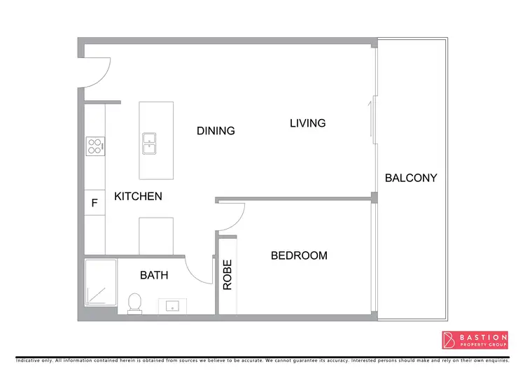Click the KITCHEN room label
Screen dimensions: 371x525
(138, 197)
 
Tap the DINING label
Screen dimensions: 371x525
(216, 131)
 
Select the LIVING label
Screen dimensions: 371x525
(308, 123)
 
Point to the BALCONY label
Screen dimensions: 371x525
(411, 178)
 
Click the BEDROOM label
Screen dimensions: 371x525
(299, 255)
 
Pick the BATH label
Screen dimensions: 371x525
(154, 275)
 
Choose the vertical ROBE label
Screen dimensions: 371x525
(227, 275)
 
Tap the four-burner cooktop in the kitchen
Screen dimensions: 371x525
(94, 146)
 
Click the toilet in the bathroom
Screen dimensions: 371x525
(135, 302)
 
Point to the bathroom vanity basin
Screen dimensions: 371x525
(171, 306)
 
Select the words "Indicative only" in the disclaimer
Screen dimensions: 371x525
(34, 360)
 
